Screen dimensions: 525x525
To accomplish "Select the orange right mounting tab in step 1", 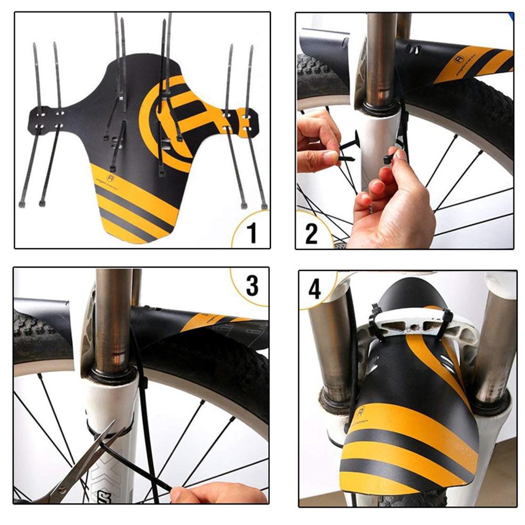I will click(x=241, y=121).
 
